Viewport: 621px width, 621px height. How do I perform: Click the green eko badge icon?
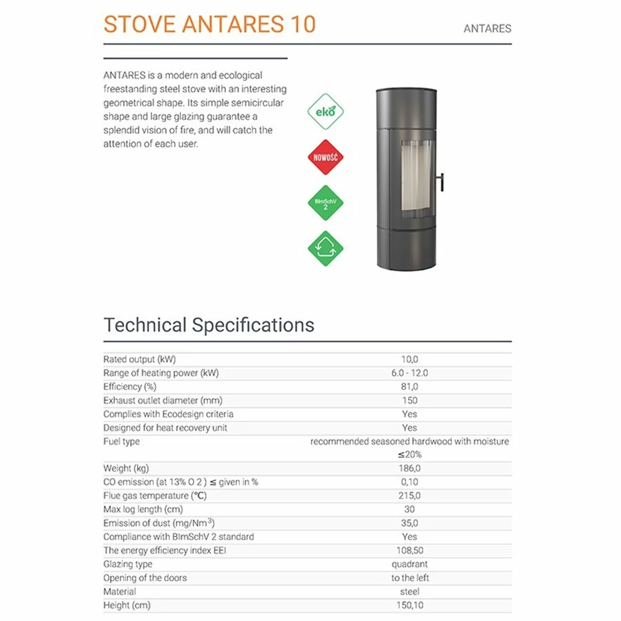coord(325,112)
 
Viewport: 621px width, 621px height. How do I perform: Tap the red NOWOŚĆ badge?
coord(325,157)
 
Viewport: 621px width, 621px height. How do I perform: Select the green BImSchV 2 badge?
coord(325,203)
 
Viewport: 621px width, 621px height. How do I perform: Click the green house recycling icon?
coord(325,248)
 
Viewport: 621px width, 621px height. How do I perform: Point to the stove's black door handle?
coord(441,181)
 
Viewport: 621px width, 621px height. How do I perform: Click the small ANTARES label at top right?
coord(487,29)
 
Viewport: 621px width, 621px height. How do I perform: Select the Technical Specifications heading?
coord(209,325)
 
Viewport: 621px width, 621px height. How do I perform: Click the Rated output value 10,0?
coord(410,360)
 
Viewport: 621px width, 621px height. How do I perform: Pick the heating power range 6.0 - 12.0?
coord(410,373)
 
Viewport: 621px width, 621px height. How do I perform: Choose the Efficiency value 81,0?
coord(410,387)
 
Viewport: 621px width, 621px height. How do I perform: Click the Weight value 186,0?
coord(410,468)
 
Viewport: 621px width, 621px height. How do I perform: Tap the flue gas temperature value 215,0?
coord(410,496)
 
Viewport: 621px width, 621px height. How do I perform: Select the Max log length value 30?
coord(410,509)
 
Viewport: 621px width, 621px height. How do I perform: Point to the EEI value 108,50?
coord(410,550)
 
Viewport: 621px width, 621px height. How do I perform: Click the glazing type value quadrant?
coord(410,564)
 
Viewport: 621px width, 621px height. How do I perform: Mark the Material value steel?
coord(410,591)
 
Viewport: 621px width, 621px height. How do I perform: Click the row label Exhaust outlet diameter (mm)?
coord(163,401)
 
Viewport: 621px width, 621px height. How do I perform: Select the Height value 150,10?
coord(410,605)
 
